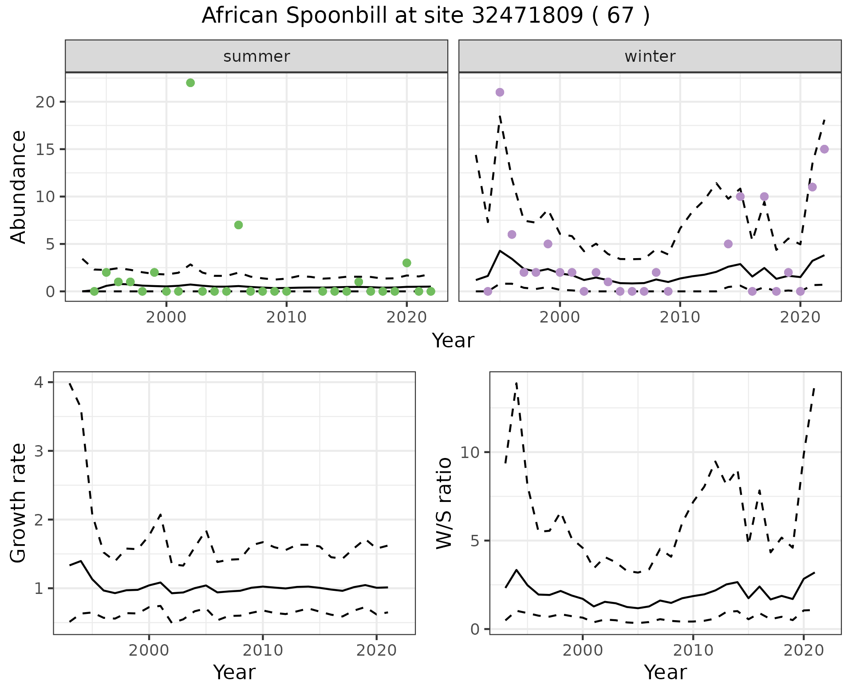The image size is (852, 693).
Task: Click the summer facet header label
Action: pyautogui.click(x=256, y=56)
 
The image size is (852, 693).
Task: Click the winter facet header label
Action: pyautogui.click(x=650, y=56)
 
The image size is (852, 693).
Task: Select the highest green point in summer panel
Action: pyautogui.click(x=190, y=83)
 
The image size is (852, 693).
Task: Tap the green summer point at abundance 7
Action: pyautogui.click(x=238, y=225)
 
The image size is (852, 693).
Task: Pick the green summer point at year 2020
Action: pyautogui.click(x=406, y=263)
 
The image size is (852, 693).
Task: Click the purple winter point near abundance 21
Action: pyautogui.click(x=500, y=92)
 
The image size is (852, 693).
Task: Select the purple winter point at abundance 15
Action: pyautogui.click(x=824, y=149)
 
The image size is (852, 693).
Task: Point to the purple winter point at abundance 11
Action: pyautogui.click(x=812, y=187)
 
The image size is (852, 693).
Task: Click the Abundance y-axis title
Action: pyautogui.click(x=19, y=187)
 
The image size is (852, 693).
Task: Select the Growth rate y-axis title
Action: pyautogui.click(x=19, y=503)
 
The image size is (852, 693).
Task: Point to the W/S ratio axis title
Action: pyautogui.click(x=444, y=503)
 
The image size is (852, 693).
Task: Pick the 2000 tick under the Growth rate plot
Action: pyautogui.click(x=149, y=650)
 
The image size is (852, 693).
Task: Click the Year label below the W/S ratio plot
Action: pyautogui.click(x=665, y=673)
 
